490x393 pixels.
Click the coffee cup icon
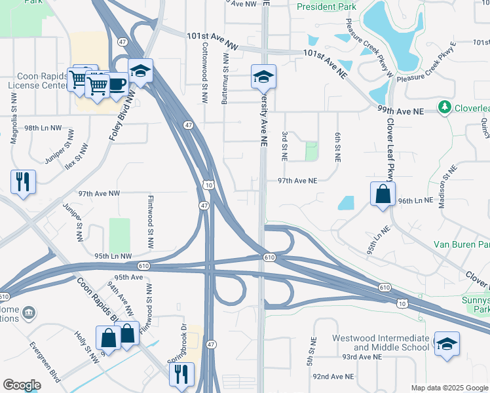click(x=118, y=86)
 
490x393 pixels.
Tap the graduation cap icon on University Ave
click(x=263, y=78)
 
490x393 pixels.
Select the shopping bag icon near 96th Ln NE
click(x=383, y=194)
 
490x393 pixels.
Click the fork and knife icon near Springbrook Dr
click(x=181, y=374)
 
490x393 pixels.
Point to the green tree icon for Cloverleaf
click(x=445, y=107)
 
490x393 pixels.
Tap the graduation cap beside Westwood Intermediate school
click(x=446, y=344)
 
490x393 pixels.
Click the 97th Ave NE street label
click(x=297, y=181)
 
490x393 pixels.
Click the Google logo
click(x=22, y=385)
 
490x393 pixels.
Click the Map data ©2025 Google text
click(x=448, y=388)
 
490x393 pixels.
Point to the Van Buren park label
click(x=462, y=245)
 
